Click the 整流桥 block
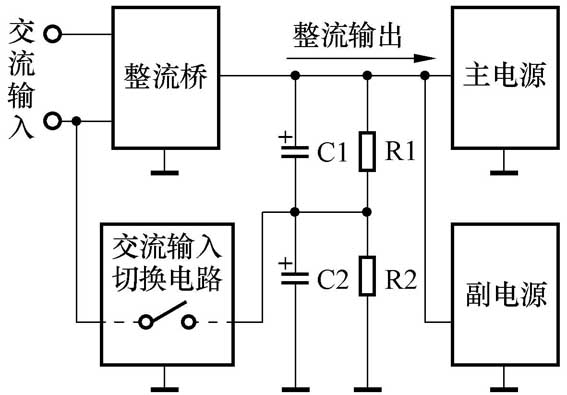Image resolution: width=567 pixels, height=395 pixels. pyautogui.click(x=166, y=76)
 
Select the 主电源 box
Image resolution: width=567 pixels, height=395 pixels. pyautogui.click(x=503, y=76)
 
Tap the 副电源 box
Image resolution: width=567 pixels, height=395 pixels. pyautogui.click(x=503, y=296)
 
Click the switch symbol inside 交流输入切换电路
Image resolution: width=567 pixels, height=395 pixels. pyautogui.click(x=166, y=322)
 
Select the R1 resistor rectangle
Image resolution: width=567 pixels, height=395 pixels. pyautogui.click(x=368, y=151)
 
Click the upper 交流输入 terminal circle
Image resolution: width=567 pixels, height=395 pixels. pyautogui.click(x=53, y=33)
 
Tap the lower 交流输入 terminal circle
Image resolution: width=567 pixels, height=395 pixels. pyautogui.click(x=53, y=121)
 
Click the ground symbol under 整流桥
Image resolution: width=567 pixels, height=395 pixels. pyautogui.click(x=165, y=171)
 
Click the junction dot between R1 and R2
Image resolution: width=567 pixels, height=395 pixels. pyautogui.click(x=368, y=212)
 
